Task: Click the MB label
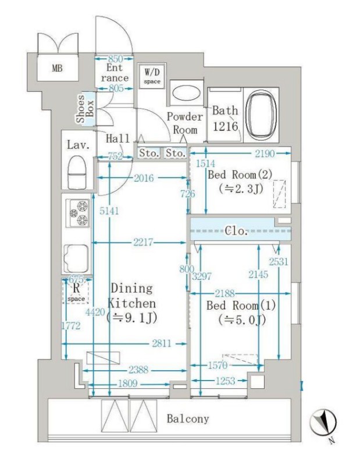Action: (x=57, y=69)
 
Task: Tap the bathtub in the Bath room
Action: (x=262, y=115)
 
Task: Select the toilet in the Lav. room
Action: (x=77, y=172)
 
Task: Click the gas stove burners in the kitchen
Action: (x=78, y=213)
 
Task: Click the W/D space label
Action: (x=152, y=76)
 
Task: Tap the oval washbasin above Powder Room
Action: (x=186, y=93)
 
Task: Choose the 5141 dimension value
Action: (x=109, y=211)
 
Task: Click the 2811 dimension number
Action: (x=161, y=343)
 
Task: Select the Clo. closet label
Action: (x=236, y=230)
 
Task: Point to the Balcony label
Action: (x=188, y=418)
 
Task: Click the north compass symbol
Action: (x=323, y=422)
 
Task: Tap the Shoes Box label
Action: (x=85, y=108)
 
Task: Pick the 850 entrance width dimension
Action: (x=115, y=59)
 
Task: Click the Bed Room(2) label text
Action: (x=240, y=175)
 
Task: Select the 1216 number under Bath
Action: (x=226, y=126)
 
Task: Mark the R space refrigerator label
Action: (x=76, y=292)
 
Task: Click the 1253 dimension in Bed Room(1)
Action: (x=226, y=381)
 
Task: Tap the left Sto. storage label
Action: (x=149, y=153)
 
